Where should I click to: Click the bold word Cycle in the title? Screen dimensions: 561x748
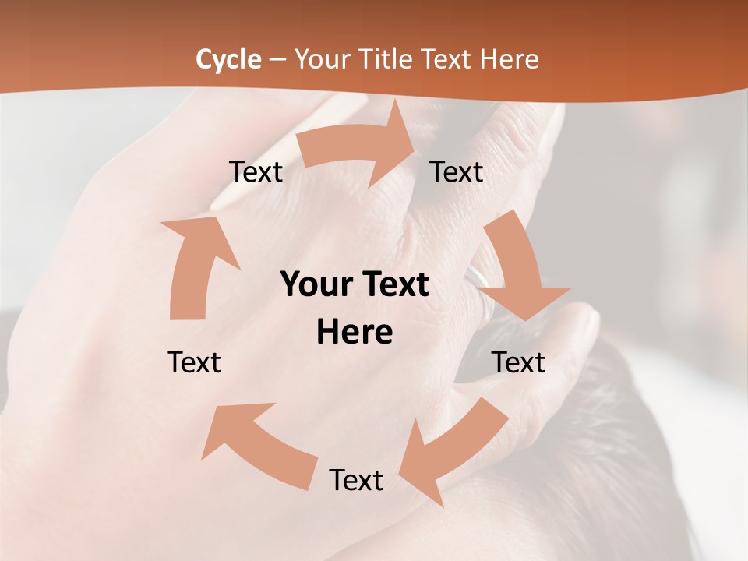[x=228, y=59]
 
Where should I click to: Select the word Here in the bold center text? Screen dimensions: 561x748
[x=355, y=333]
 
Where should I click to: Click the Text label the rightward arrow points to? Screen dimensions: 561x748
[x=457, y=171]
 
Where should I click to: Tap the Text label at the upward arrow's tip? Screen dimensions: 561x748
[x=256, y=171]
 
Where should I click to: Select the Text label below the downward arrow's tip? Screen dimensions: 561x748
[x=518, y=362]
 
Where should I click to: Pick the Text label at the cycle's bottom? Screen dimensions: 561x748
[x=356, y=480]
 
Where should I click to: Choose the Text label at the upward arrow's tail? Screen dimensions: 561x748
[x=194, y=362]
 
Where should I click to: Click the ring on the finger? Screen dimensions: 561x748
[x=482, y=288]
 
